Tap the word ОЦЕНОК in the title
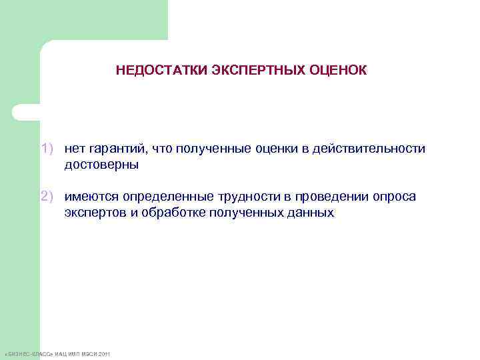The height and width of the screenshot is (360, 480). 338,70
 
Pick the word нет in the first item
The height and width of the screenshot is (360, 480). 75,149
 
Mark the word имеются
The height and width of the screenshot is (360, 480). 89,197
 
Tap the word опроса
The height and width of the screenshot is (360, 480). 396,197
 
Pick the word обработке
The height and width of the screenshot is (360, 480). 168,213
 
